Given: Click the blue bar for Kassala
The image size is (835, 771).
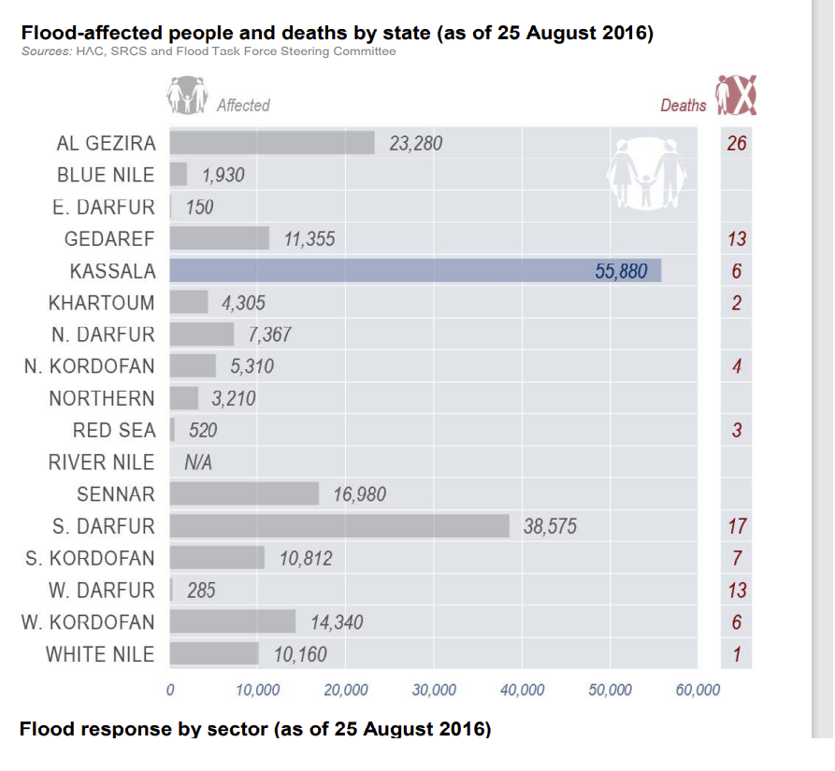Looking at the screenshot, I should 415,271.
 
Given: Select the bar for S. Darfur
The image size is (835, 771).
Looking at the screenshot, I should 339,526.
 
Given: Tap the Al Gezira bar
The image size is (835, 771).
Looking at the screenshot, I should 272,143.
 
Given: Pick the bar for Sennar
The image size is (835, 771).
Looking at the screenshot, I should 244,493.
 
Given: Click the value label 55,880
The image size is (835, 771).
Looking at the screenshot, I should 621,271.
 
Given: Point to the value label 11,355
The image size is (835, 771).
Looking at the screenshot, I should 309,239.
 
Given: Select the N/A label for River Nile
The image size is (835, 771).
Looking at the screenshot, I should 198,462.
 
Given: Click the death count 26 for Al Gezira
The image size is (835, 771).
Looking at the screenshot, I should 737,144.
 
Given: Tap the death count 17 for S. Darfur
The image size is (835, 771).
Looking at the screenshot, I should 737,526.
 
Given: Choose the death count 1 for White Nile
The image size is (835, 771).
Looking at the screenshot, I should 737,654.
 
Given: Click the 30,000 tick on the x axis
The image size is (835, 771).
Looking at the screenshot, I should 434,691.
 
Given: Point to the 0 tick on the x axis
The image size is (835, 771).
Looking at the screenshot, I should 170,691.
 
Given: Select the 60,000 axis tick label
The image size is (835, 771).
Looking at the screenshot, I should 698,691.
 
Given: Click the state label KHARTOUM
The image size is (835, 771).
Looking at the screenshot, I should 102,303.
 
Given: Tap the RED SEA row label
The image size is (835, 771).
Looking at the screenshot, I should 114,431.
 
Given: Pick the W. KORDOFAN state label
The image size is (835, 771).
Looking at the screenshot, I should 88,621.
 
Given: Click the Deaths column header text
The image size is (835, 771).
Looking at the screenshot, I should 684,106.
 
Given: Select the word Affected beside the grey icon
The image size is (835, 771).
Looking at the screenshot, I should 243,106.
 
